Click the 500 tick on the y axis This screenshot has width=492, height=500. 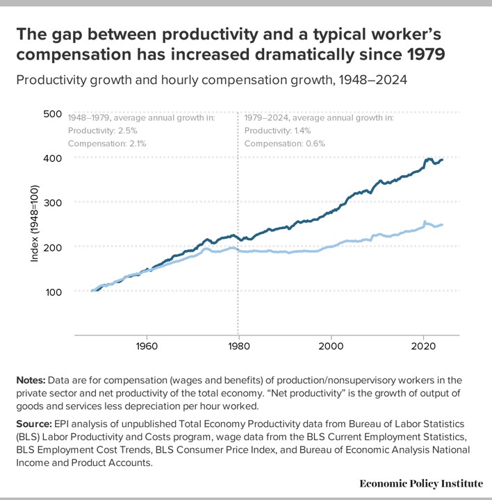click(x=53, y=113)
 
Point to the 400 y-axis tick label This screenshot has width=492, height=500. click(x=53, y=158)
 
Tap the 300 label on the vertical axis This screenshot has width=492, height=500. click(x=53, y=202)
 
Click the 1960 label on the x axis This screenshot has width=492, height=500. click(x=146, y=346)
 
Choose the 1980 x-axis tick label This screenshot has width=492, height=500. click(x=238, y=346)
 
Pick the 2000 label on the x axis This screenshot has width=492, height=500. click(x=331, y=346)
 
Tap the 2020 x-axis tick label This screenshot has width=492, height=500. click(x=424, y=346)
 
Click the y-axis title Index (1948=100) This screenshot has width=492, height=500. click(x=34, y=224)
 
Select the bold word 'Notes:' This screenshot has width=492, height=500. click(x=33, y=381)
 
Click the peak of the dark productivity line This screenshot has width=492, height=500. click(x=429, y=159)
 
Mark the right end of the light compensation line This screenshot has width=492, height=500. click(x=443, y=225)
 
